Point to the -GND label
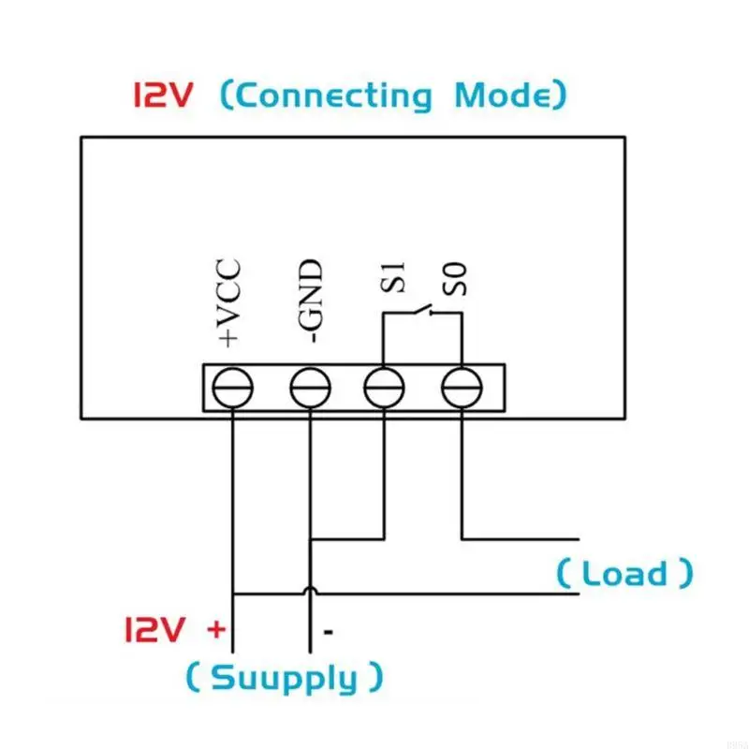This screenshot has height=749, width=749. [310, 301]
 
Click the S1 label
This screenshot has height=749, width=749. [394, 278]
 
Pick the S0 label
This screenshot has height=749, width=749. [457, 279]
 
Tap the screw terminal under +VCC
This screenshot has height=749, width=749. [231, 387]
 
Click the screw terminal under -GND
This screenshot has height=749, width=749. [309, 387]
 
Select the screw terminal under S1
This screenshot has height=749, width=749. [384, 387]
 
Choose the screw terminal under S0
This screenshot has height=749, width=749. [460, 387]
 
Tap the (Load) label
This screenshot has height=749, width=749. [625, 573]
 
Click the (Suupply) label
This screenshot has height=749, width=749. [284, 677]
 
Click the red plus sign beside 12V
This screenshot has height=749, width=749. [216, 629]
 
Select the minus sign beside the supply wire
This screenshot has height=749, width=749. [329, 632]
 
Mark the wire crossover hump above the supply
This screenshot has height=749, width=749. [309, 590]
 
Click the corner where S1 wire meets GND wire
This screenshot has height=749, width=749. [384, 538]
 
